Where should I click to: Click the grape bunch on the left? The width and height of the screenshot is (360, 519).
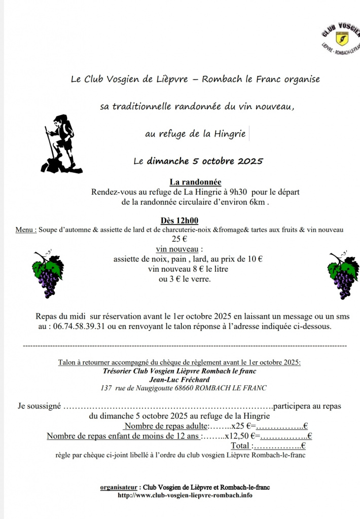click(x=48, y=274)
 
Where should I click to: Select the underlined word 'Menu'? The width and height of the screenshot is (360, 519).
click(x=25, y=230)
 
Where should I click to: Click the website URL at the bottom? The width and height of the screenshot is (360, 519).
click(x=185, y=495)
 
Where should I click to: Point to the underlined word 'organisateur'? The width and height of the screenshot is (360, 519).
click(x=118, y=487)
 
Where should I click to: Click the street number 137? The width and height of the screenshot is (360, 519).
click(x=106, y=388)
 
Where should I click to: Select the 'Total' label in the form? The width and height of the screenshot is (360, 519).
click(x=241, y=446)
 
